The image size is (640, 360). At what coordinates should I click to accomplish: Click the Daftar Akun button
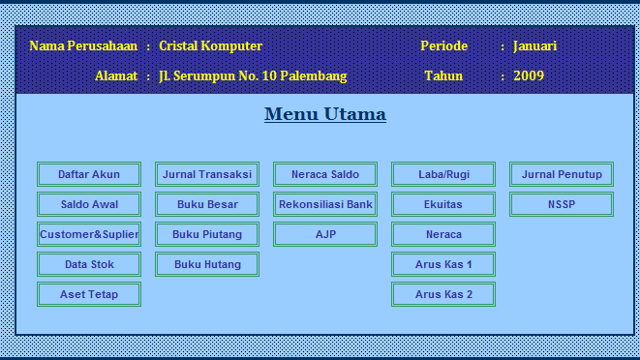click(89, 174)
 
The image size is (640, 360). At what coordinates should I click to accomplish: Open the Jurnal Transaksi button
click(207, 174)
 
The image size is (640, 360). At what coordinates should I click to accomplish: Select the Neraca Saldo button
click(325, 174)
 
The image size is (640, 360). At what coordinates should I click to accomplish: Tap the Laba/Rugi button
click(443, 174)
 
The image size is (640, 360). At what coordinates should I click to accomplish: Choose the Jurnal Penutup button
click(562, 174)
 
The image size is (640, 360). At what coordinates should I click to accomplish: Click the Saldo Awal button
click(89, 204)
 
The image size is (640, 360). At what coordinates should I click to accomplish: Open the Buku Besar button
click(207, 204)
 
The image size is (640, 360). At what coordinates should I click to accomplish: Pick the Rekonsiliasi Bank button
click(325, 204)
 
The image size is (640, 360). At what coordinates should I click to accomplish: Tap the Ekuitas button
click(443, 204)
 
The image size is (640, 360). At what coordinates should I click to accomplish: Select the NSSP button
click(562, 204)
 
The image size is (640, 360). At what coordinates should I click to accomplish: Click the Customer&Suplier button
click(89, 234)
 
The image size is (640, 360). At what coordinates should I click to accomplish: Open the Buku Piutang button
click(207, 234)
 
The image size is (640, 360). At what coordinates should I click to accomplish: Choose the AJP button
click(325, 234)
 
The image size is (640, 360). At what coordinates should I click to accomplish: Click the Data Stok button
click(89, 264)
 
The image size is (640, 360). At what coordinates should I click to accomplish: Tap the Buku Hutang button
click(207, 264)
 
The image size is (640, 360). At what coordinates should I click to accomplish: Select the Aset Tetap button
click(89, 294)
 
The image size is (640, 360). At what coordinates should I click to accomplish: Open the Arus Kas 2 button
click(443, 294)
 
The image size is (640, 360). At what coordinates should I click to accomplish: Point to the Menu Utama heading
click(325, 114)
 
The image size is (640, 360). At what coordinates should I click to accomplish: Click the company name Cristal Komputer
click(210, 45)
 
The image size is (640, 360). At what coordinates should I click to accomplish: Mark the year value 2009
click(529, 75)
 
